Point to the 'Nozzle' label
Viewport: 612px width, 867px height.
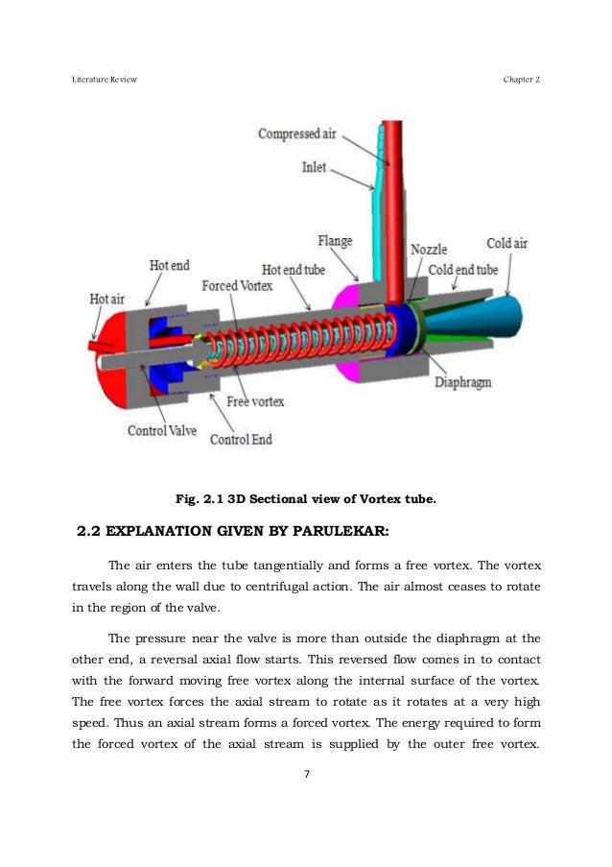pos(429,249)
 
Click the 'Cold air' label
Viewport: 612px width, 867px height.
pos(506,244)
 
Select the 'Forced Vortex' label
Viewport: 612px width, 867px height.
pos(237,286)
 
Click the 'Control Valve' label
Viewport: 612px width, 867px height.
pos(162,431)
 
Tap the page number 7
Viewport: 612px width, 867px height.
pos(305,775)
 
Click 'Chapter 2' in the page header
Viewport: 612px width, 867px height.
pos(522,79)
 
